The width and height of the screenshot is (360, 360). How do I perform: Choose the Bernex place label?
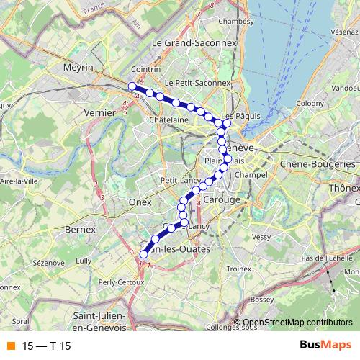(80, 229)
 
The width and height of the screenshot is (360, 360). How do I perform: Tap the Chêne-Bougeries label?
(319, 164)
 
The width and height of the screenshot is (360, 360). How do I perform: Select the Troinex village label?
(239, 269)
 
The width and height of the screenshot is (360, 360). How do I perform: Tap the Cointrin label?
(166, 69)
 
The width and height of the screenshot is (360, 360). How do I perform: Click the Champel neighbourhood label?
(256, 174)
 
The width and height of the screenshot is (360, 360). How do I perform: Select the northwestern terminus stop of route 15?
(132, 86)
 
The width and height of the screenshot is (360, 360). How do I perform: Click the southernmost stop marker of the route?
(143, 253)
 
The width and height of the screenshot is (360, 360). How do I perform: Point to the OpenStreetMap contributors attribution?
(297, 323)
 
